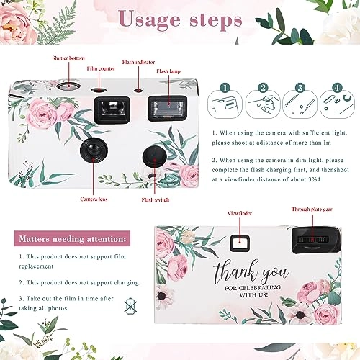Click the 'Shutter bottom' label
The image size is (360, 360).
[68, 58]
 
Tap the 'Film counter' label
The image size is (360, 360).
[101, 68]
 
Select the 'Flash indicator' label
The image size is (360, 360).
[138, 62]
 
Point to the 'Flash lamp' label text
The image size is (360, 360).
[168, 71]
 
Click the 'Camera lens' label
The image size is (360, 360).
[94, 199]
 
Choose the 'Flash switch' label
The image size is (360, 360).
[156, 199]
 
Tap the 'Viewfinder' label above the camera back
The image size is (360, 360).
[240, 213]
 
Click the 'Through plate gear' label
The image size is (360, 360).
[312, 210]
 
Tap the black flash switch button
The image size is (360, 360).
[155, 157]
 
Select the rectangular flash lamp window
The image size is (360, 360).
[167, 108]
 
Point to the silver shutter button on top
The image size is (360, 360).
[69, 86]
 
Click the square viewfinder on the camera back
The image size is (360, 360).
[240, 243]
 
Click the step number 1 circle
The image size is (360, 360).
[225, 88]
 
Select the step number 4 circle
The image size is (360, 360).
[337, 88]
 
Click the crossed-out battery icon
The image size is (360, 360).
[130, 306]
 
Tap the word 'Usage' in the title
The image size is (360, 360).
[150, 20]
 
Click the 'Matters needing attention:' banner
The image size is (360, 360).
[72, 238]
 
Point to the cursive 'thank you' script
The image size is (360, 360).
[251, 272]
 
